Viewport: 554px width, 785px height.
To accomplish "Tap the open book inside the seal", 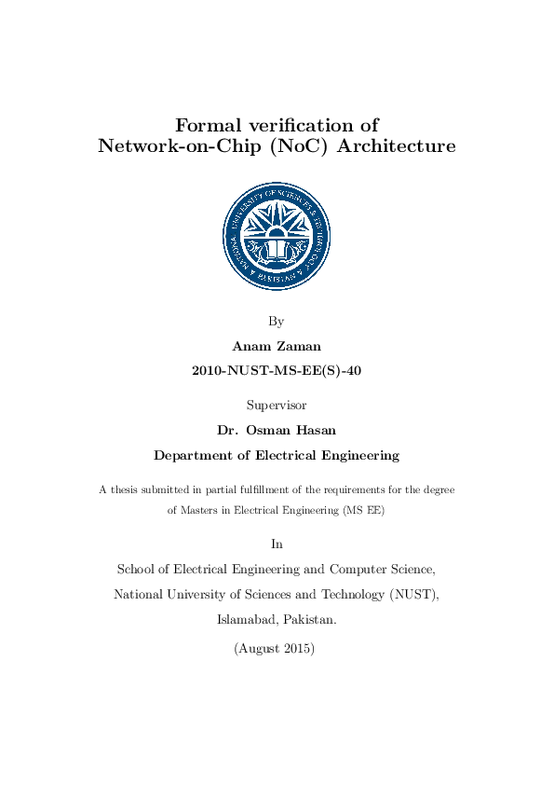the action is coord(277,249).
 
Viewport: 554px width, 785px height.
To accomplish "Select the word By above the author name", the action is coord(276,322).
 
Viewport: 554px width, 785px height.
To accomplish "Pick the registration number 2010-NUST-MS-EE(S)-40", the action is coord(276,370).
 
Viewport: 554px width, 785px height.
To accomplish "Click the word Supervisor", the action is coord(276,406).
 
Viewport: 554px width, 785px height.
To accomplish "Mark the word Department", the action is coord(195,456).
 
